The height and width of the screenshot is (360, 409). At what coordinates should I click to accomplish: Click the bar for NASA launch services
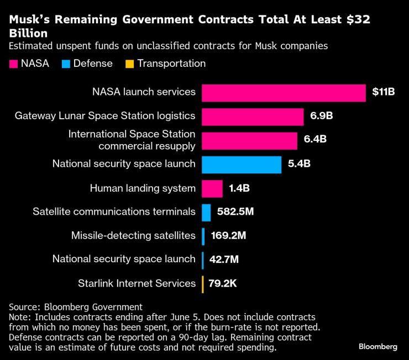click(x=284, y=93)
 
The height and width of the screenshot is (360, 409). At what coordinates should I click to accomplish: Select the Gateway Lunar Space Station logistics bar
click(x=253, y=117)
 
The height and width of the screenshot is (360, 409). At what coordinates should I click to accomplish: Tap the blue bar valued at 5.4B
click(x=242, y=165)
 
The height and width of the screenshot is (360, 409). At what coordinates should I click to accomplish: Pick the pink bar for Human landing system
click(x=212, y=189)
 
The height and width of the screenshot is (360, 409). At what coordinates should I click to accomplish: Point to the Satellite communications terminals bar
click(x=206, y=212)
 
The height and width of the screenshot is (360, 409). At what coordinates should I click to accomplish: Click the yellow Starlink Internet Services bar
click(x=203, y=284)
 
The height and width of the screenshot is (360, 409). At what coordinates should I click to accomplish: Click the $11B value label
click(x=383, y=92)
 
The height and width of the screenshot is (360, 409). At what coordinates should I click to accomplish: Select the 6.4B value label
click(x=315, y=140)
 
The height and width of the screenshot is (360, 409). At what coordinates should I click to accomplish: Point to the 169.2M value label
click(x=228, y=236)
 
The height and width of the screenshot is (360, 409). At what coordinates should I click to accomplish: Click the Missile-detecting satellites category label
click(x=133, y=236)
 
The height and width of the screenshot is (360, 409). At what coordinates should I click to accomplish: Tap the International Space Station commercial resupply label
click(x=132, y=140)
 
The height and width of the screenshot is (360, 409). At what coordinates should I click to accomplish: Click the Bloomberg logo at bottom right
click(x=378, y=346)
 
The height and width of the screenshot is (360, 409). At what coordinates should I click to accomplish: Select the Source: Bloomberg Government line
click(x=76, y=307)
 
